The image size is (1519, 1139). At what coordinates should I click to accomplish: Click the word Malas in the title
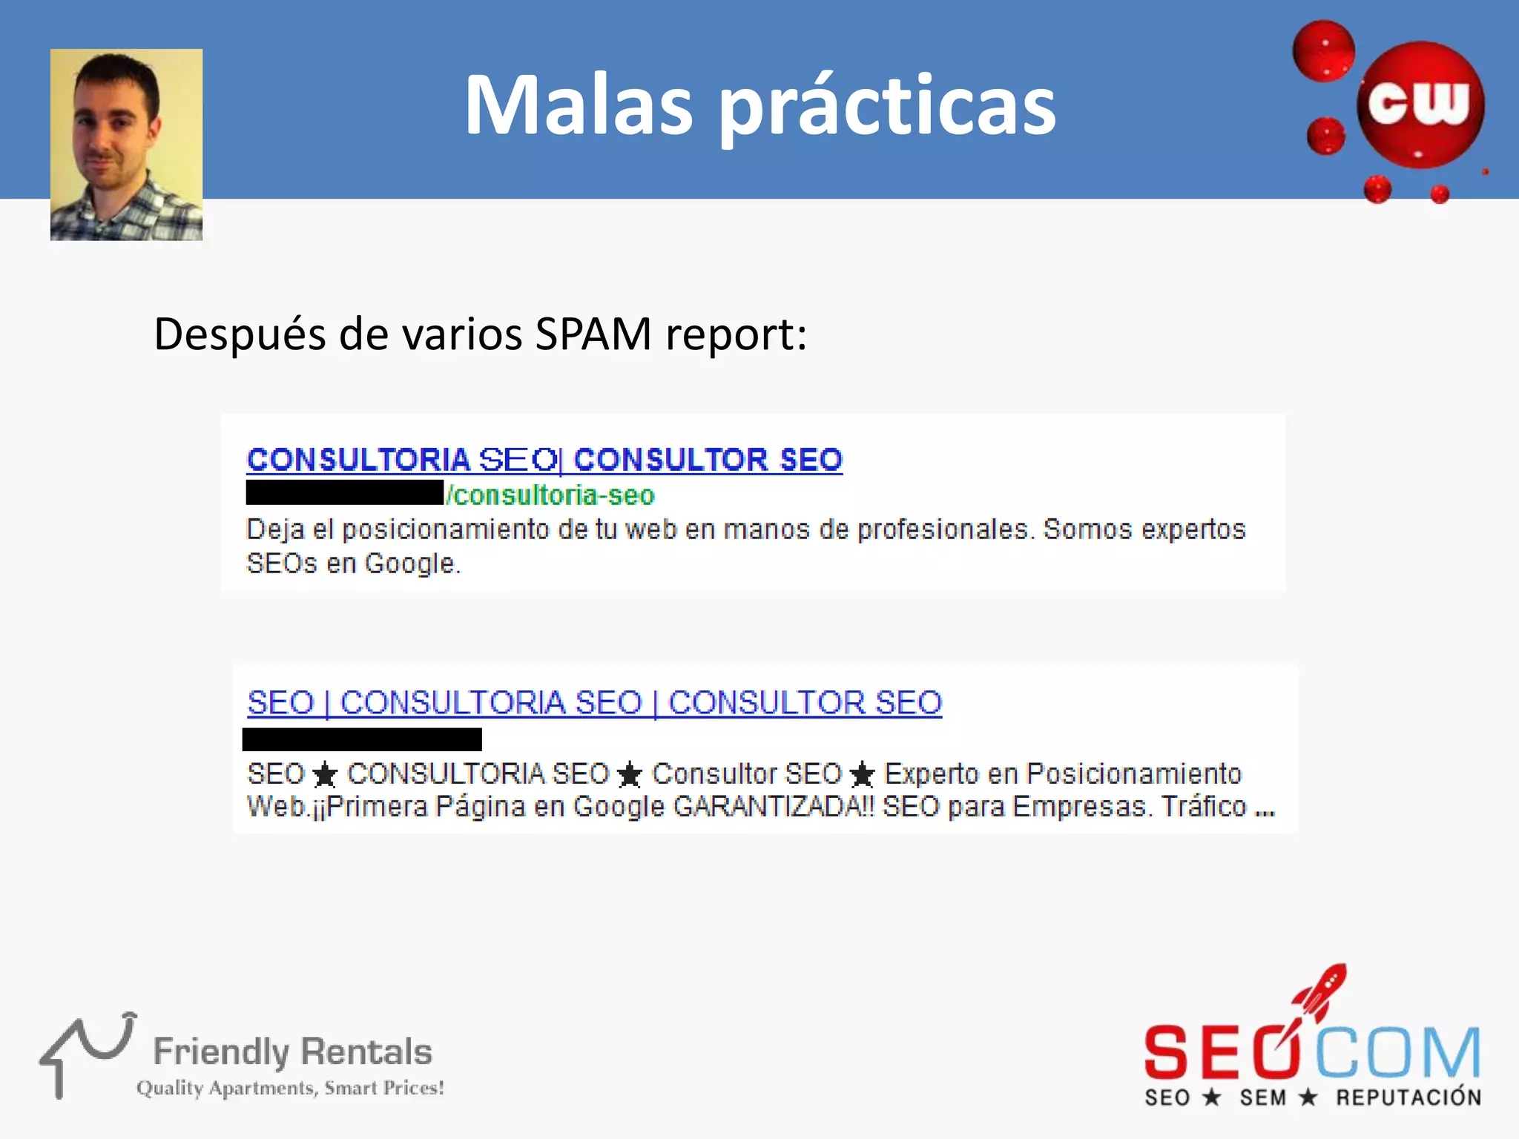coord(579,105)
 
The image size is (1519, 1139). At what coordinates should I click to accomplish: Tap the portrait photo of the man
coord(126,145)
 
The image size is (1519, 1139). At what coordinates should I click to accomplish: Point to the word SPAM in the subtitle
coord(593,334)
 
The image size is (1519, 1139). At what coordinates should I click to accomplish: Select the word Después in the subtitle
coord(240,335)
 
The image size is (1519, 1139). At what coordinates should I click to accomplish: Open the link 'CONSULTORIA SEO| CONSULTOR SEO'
coord(544,460)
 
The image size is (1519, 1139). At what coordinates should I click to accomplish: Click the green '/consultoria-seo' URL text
coord(550,495)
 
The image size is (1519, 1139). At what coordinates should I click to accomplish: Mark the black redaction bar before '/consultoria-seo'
coord(344,493)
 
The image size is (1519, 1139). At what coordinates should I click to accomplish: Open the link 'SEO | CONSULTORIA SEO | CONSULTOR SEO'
coord(594,702)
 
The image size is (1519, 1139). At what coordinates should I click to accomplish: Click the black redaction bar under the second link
coord(362,739)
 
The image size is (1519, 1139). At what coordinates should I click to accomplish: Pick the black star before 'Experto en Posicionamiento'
coord(862,776)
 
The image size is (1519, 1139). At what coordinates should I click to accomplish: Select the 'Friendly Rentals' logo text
coord(292,1051)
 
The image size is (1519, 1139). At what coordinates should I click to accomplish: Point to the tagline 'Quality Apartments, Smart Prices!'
coord(290,1088)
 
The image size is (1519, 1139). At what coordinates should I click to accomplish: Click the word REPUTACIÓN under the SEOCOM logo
coord(1408,1097)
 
